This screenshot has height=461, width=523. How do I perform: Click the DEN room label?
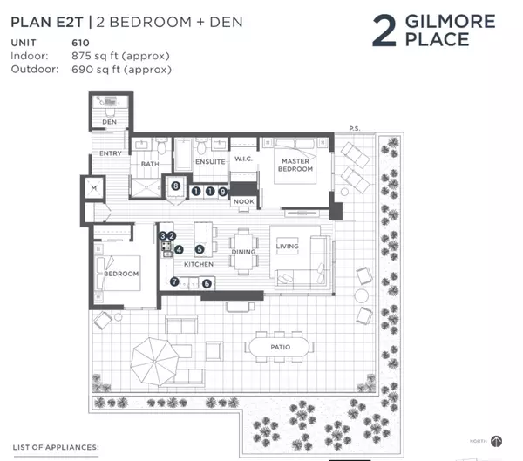coord(109,122)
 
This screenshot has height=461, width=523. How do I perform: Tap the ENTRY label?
coord(112,153)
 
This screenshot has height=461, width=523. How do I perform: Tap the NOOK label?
coord(243,202)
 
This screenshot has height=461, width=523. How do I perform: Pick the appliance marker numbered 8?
coord(175,186)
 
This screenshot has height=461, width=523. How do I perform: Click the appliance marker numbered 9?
coord(223,191)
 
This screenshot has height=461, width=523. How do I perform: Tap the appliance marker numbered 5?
coord(200,249)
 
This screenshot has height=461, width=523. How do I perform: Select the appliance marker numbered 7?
coord(174,281)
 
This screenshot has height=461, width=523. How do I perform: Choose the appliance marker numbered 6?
coord(207,282)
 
